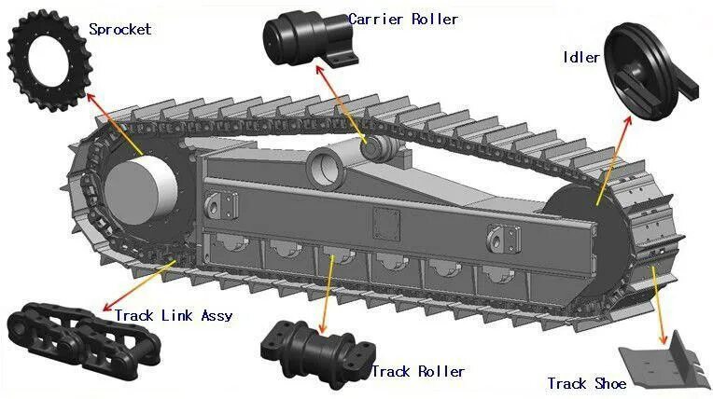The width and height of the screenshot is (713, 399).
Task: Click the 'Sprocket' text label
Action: (x=119, y=29)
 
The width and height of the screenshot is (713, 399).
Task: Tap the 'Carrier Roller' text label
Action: (x=403, y=19)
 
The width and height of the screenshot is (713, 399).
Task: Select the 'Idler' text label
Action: (x=580, y=57)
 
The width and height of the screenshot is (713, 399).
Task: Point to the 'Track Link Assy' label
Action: (x=174, y=315)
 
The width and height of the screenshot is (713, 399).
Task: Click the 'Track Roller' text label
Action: (x=417, y=372)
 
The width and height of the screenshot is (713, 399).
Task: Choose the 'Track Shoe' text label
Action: (x=580, y=383)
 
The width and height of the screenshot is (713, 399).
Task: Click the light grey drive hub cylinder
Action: (x=140, y=186)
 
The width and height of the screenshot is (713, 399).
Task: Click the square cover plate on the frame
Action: (x=384, y=222)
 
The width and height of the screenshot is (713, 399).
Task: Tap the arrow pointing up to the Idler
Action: (x=612, y=159)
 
